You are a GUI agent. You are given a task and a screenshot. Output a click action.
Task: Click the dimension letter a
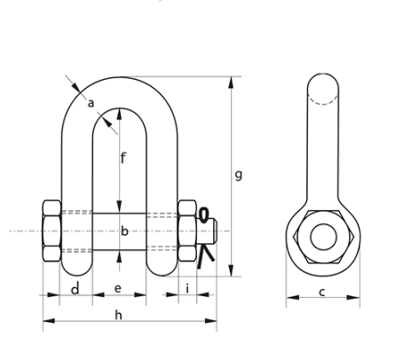[90, 105]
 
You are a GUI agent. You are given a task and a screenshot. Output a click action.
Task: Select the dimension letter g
[239, 175]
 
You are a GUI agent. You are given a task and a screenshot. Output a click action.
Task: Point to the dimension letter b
[124, 231]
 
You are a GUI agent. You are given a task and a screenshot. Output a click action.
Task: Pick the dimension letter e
[118, 289]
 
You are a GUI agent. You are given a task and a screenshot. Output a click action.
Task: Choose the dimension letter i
[187, 289]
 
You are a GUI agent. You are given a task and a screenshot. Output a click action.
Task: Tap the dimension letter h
[118, 314]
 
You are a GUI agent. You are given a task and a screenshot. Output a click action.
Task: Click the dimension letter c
[321, 292]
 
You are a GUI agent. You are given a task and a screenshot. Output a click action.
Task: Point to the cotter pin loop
[205, 215]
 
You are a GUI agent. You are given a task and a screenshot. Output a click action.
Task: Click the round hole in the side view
[321, 237]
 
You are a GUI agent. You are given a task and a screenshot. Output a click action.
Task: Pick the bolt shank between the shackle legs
[118, 231]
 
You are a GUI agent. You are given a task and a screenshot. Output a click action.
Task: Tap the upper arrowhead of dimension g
[233, 82]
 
